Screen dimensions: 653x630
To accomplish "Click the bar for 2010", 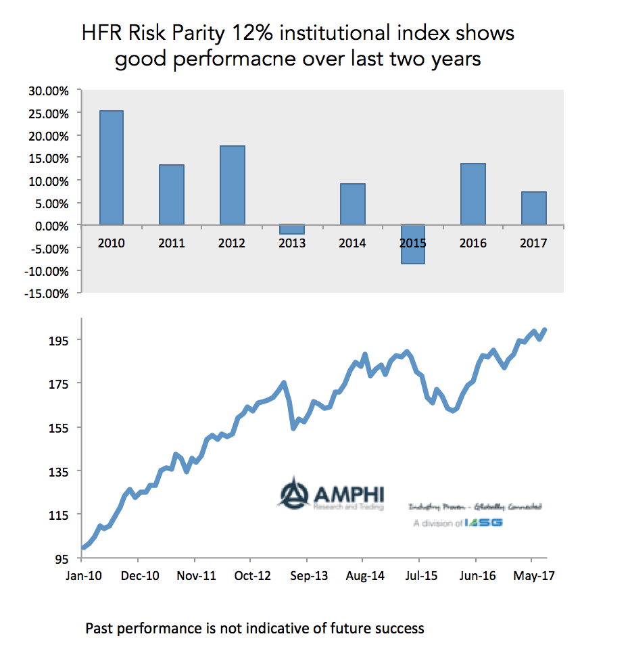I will coord(111,167).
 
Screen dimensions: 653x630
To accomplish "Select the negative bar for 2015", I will coord(412,244).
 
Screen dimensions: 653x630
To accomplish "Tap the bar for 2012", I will coord(232,185).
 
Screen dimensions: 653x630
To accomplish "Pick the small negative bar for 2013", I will coord(292,229).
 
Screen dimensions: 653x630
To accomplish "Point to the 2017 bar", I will coord(533,208).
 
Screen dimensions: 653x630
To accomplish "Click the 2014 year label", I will coord(352,243).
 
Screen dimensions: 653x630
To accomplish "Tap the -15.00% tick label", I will coord(47,294).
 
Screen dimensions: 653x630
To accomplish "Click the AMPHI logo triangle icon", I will coord(293,493).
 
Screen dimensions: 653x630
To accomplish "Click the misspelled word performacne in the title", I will coord(224,59).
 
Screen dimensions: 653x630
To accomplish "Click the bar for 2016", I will coord(472,194).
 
